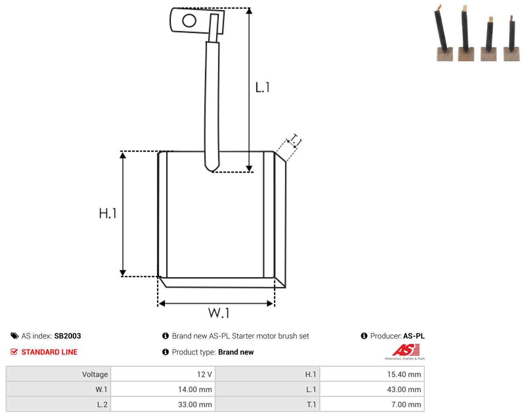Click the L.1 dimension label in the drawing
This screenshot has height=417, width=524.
pos(262,87)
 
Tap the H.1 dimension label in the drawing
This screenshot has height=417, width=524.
pos(108,213)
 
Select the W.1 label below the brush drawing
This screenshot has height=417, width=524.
pos(219,313)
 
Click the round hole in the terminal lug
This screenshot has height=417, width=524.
pos(189,20)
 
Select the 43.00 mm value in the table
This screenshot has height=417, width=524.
pos(404,389)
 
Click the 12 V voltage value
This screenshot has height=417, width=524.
pos(204,374)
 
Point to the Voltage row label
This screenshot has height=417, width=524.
pos(95,374)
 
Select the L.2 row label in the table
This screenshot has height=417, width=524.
pos(102,404)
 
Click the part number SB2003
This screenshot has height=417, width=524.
pos(67,336)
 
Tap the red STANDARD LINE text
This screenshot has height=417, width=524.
pos(49,352)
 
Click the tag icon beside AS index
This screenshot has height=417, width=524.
pos(15,336)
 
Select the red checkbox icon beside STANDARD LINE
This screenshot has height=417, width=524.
pos(14,352)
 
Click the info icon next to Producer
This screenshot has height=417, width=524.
pos(364,336)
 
